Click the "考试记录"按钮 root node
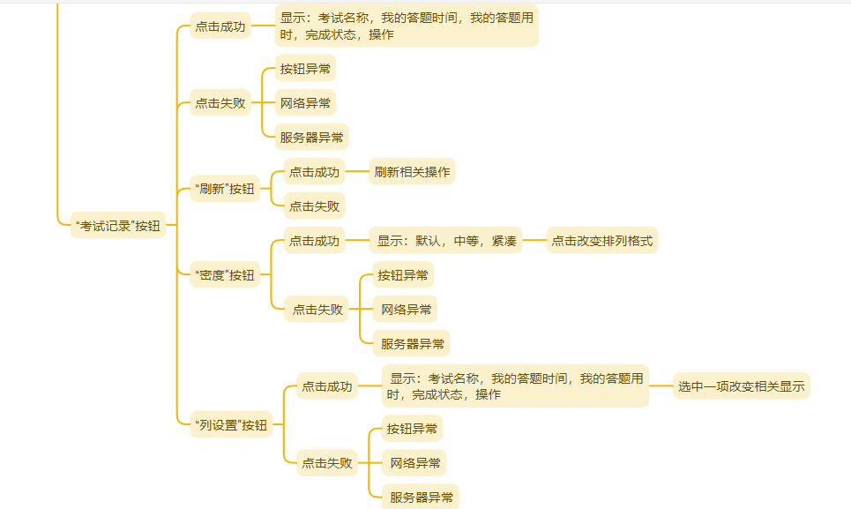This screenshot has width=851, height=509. click(118, 225)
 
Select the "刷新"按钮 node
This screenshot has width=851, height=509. click(224, 188)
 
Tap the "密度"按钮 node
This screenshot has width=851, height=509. click(224, 275)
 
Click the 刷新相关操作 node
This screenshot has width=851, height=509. click(412, 172)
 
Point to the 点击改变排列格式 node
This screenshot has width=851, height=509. click(602, 241)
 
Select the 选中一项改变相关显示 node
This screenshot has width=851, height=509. click(741, 385)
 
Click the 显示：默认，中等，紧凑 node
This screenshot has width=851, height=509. click(447, 241)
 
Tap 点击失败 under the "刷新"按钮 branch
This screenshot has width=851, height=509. click(314, 206)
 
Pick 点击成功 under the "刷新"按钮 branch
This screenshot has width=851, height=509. click(314, 172)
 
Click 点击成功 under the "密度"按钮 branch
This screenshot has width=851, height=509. click(314, 241)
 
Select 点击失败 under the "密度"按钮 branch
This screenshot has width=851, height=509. click(317, 310)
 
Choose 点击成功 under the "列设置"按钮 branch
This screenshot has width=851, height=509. click(326, 385)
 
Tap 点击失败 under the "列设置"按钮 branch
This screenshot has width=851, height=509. click(326, 462)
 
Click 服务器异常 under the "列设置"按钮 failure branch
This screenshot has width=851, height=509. click(422, 498)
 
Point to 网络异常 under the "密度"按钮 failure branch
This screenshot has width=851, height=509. click(407, 310)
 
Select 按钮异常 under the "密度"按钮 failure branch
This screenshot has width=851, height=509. click(403, 275)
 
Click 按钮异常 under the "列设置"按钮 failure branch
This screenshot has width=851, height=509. click(412, 429)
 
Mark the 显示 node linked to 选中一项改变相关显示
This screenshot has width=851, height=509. click(516, 385)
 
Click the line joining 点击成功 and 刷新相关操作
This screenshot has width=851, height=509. click(356, 172)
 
